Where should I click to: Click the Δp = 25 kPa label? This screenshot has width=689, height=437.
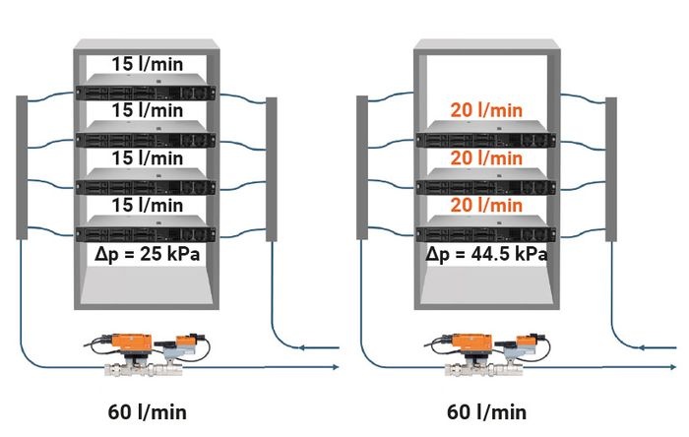tap(147, 254)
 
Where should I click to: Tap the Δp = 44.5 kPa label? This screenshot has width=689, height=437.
tap(486, 254)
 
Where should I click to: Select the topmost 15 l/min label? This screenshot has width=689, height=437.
tap(148, 64)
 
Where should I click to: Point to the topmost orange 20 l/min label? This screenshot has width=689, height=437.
tap(486, 110)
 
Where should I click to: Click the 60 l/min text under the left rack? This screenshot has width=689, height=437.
tap(148, 412)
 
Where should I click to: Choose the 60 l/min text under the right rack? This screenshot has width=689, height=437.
tap(486, 412)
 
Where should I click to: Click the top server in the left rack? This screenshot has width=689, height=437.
tap(146, 87)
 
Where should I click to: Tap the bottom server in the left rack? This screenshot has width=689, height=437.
tap(146, 228)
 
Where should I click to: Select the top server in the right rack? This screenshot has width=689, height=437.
tap(486, 134)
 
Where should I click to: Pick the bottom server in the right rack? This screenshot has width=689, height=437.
tap(486, 228)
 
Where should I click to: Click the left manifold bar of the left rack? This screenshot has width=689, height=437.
tap(22, 167)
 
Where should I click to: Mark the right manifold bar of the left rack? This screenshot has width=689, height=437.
tap(272, 169)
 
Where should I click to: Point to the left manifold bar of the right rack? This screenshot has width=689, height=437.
tap(362, 167)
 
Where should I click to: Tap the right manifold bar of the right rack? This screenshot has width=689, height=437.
tap(611, 169)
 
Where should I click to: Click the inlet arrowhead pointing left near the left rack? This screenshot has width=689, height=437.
tap(302, 347)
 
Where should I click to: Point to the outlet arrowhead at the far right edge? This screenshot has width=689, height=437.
tap(673, 367)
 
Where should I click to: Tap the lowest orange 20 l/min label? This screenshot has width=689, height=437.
tap(486, 205)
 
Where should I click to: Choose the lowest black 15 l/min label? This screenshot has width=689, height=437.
tap(148, 205)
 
